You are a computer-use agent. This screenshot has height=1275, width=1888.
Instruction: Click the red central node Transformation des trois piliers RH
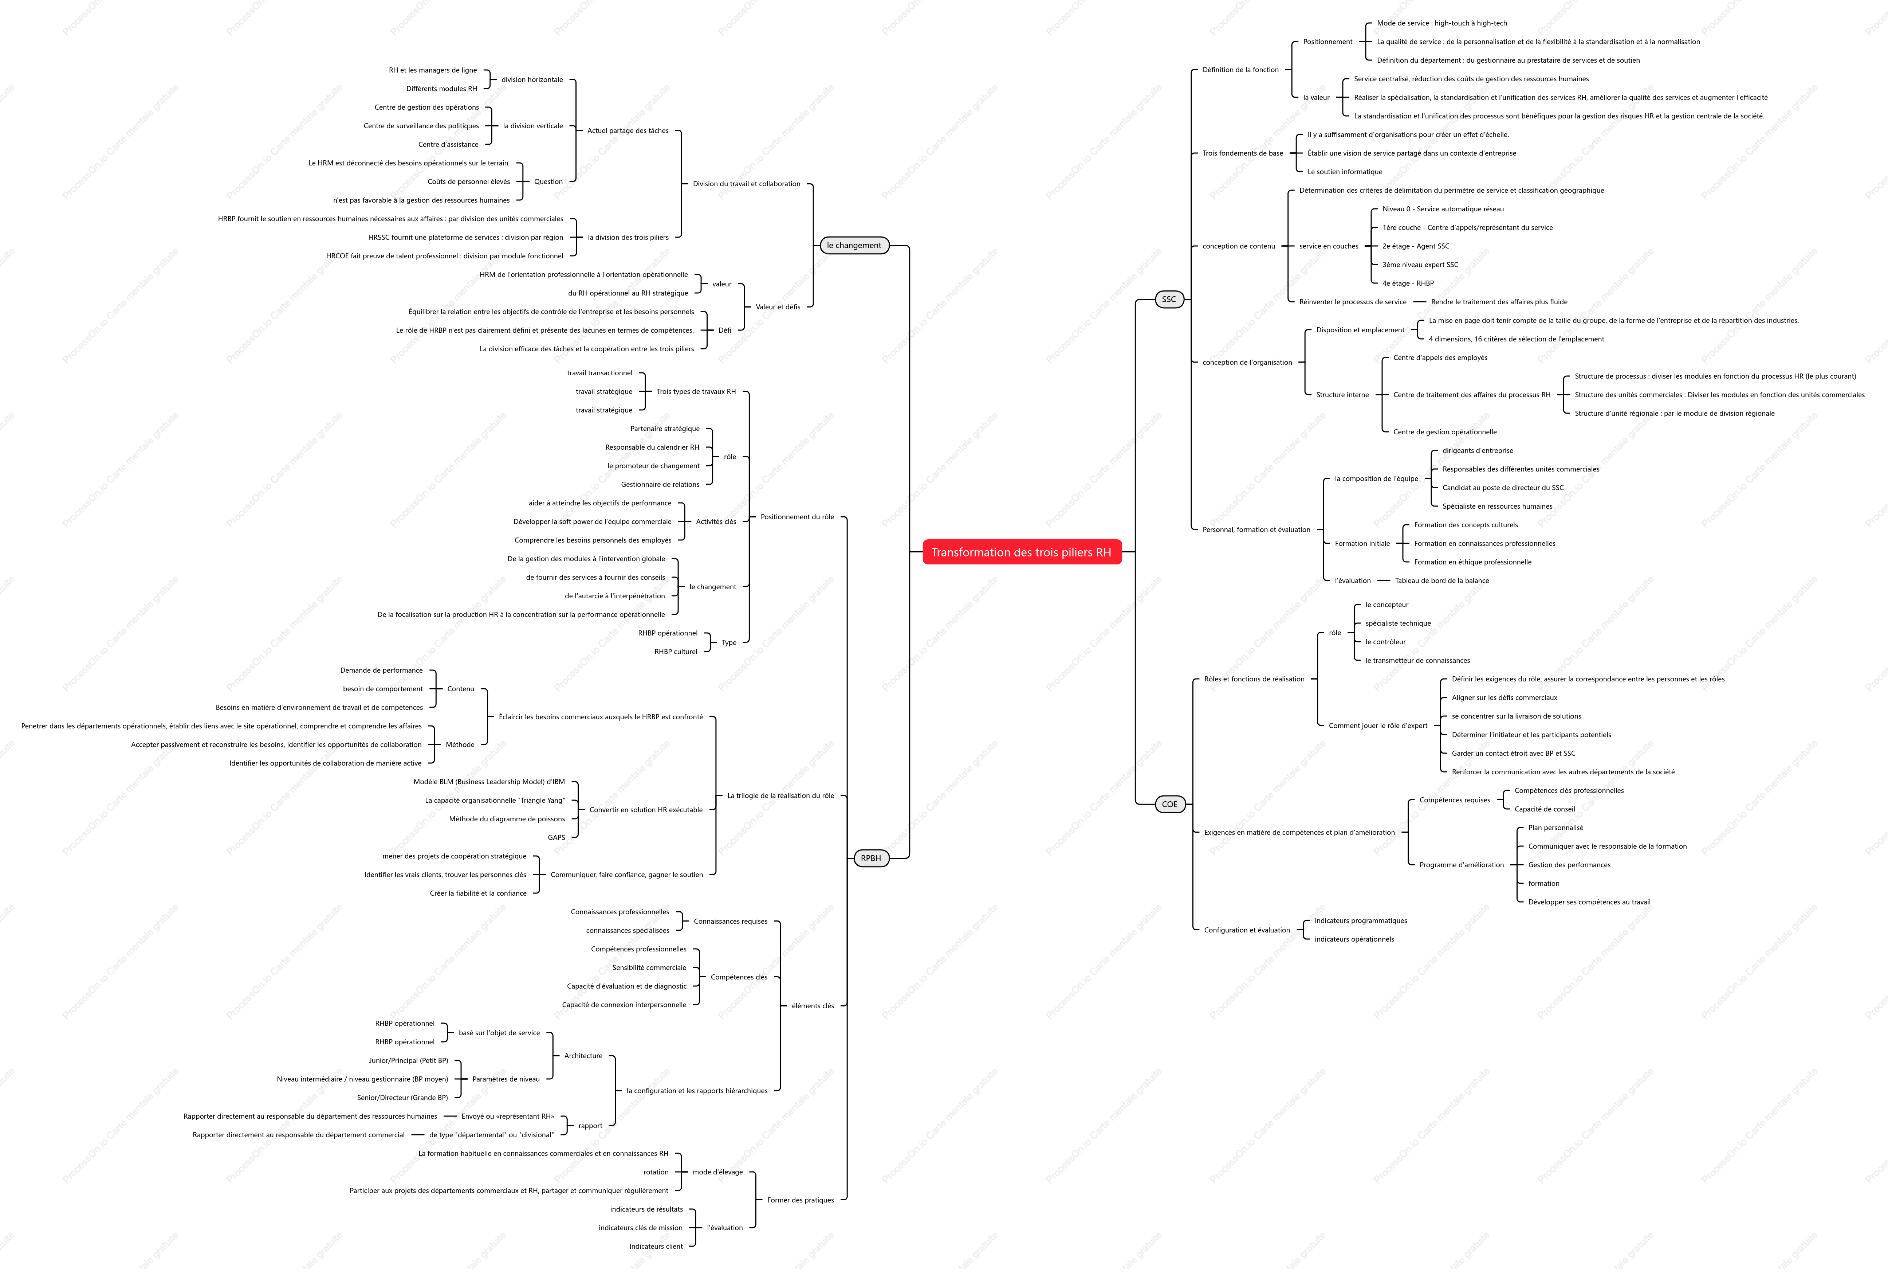click(x=1021, y=552)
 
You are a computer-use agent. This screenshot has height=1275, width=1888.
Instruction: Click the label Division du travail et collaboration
click(x=747, y=184)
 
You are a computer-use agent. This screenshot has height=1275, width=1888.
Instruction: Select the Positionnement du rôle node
click(x=797, y=517)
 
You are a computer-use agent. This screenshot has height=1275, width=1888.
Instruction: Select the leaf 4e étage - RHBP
click(x=1408, y=283)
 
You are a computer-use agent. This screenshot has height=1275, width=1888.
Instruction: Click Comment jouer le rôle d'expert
click(x=1378, y=726)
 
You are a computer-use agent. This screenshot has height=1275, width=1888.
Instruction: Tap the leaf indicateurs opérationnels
click(x=1354, y=939)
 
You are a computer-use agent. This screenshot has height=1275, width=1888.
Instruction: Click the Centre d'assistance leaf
click(x=448, y=145)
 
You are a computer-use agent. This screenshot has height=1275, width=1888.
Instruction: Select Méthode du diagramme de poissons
click(x=507, y=819)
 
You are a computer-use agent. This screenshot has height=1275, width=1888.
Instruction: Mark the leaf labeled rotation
click(x=656, y=1172)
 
